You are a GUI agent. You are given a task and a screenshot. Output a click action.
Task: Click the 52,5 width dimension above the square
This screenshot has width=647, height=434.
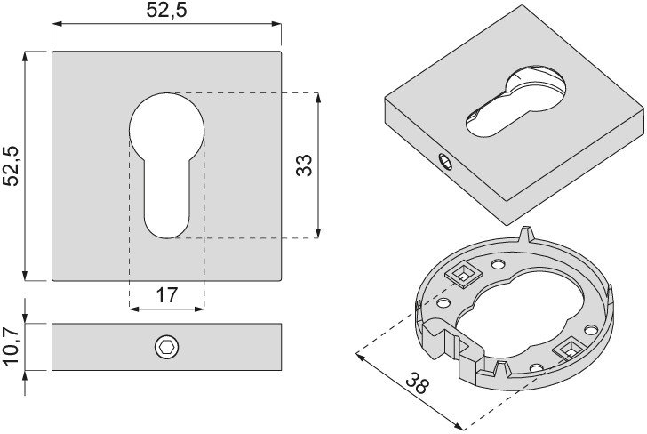tap(166, 10)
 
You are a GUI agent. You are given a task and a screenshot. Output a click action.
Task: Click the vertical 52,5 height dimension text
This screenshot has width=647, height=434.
tap(11, 165)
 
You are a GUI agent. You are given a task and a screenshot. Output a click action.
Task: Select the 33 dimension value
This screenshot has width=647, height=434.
tap(304, 165)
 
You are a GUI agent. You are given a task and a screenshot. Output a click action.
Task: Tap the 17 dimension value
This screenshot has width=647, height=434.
tap(167, 295)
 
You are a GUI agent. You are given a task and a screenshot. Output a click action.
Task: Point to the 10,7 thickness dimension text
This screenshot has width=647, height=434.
tap(11, 346)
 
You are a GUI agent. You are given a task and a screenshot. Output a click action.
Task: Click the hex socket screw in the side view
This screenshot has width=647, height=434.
tap(167, 347)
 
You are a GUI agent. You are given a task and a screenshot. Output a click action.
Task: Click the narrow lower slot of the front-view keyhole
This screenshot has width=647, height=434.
tap(167, 198)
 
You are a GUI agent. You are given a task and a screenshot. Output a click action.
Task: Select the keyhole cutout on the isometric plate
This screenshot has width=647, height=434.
tap(516, 101)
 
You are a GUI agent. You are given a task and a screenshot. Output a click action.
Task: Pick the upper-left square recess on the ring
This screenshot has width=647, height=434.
tap(464, 274)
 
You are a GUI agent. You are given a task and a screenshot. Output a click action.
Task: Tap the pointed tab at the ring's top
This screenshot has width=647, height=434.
tap(526, 233)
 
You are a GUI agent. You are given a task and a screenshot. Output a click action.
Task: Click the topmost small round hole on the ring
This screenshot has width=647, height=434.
tap(498, 262)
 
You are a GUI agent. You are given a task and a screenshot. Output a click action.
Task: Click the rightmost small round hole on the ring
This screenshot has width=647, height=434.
tap(591, 330)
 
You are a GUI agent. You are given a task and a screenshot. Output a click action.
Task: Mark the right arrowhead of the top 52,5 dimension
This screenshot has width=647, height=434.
tap(276, 24)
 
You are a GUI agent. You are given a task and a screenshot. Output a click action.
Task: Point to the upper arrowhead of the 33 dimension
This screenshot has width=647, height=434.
tap(318, 98)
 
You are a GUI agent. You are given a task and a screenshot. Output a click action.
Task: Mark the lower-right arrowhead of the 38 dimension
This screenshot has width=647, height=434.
tap(459, 425)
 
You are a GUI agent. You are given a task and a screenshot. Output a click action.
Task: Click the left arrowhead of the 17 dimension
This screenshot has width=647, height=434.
tap(134, 309)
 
